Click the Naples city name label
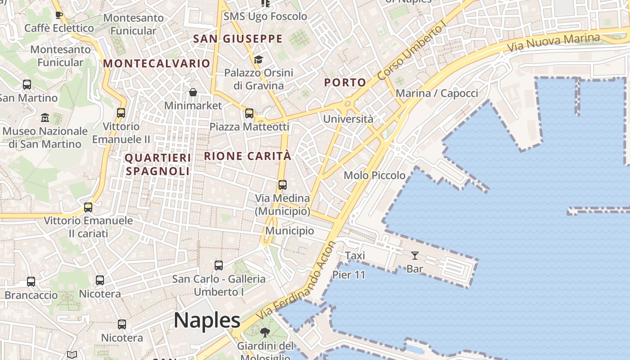(x=207, y=320)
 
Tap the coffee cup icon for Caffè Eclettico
(x=58, y=15)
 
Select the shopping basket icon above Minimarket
(x=193, y=92)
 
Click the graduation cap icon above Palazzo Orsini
(x=258, y=59)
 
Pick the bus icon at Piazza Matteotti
(x=249, y=113)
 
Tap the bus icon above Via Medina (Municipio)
(x=283, y=185)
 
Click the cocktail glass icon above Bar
(x=415, y=256)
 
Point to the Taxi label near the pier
(x=355, y=256)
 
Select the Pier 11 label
(x=349, y=274)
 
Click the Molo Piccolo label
(x=374, y=175)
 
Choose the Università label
(x=348, y=119)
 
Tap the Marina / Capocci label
(x=436, y=93)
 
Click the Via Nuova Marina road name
(x=553, y=43)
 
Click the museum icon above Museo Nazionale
(x=45, y=118)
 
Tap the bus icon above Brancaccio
(x=31, y=282)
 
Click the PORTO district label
(x=345, y=83)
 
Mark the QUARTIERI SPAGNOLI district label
(x=157, y=164)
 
